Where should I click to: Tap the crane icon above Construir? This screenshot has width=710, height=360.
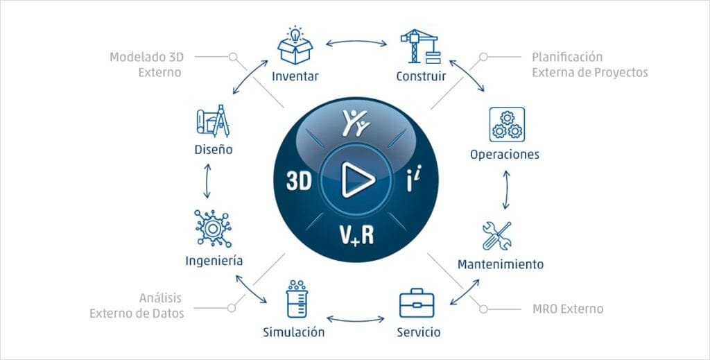421,46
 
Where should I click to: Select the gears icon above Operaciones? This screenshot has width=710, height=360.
507,125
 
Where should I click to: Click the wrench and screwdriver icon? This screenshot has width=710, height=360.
496,235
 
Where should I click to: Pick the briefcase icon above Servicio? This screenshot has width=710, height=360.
417,303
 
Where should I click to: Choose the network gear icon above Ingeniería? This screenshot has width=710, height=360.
213,228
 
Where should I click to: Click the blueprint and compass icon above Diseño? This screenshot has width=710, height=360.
213,121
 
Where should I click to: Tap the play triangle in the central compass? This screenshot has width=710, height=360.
358,180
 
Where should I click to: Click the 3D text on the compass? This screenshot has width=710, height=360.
300,180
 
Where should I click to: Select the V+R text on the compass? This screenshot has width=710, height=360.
356,234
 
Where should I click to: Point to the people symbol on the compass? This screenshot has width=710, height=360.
356,123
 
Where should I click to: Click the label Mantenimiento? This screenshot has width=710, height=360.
501,264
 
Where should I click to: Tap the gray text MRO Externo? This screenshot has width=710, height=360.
568,309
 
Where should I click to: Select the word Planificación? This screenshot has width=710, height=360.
567,57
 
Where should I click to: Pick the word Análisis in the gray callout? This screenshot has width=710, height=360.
160,298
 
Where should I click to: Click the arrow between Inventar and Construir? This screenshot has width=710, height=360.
356,42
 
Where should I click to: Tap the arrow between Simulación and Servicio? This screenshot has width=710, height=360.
356,319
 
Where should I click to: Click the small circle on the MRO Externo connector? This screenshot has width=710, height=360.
483,309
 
